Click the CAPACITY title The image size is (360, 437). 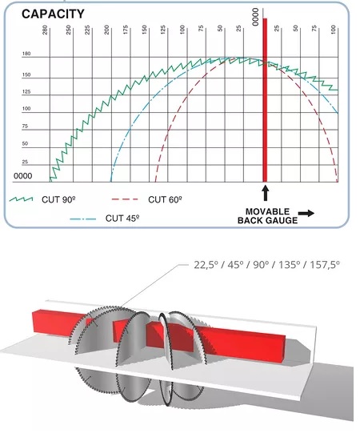(x=53, y=14)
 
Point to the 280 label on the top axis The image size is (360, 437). (x=45, y=30)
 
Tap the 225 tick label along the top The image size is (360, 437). (x=87, y=30)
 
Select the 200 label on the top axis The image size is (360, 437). (x=106, y=30)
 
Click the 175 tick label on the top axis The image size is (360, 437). (x=126, y=30)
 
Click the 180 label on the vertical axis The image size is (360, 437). (x=26, y=54)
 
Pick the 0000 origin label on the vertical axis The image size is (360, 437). (x=23, y=176)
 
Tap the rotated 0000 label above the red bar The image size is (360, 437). (x=255, y=17)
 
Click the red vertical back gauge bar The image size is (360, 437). (x=265, y=100)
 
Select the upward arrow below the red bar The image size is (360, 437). (x=266, y=193)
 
